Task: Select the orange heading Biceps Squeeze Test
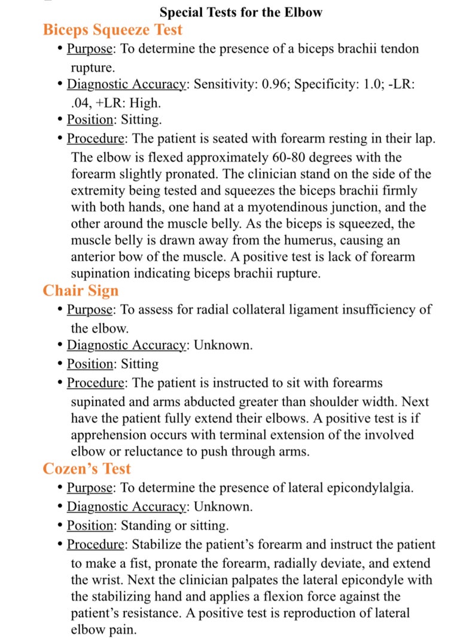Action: (x=112, y=29)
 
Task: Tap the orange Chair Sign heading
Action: (x=81, y=291)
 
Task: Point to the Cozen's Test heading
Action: (x=87, y=468)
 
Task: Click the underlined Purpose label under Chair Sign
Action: (x=90, y=310)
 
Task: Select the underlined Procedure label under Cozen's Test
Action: (x=96, y=545)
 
